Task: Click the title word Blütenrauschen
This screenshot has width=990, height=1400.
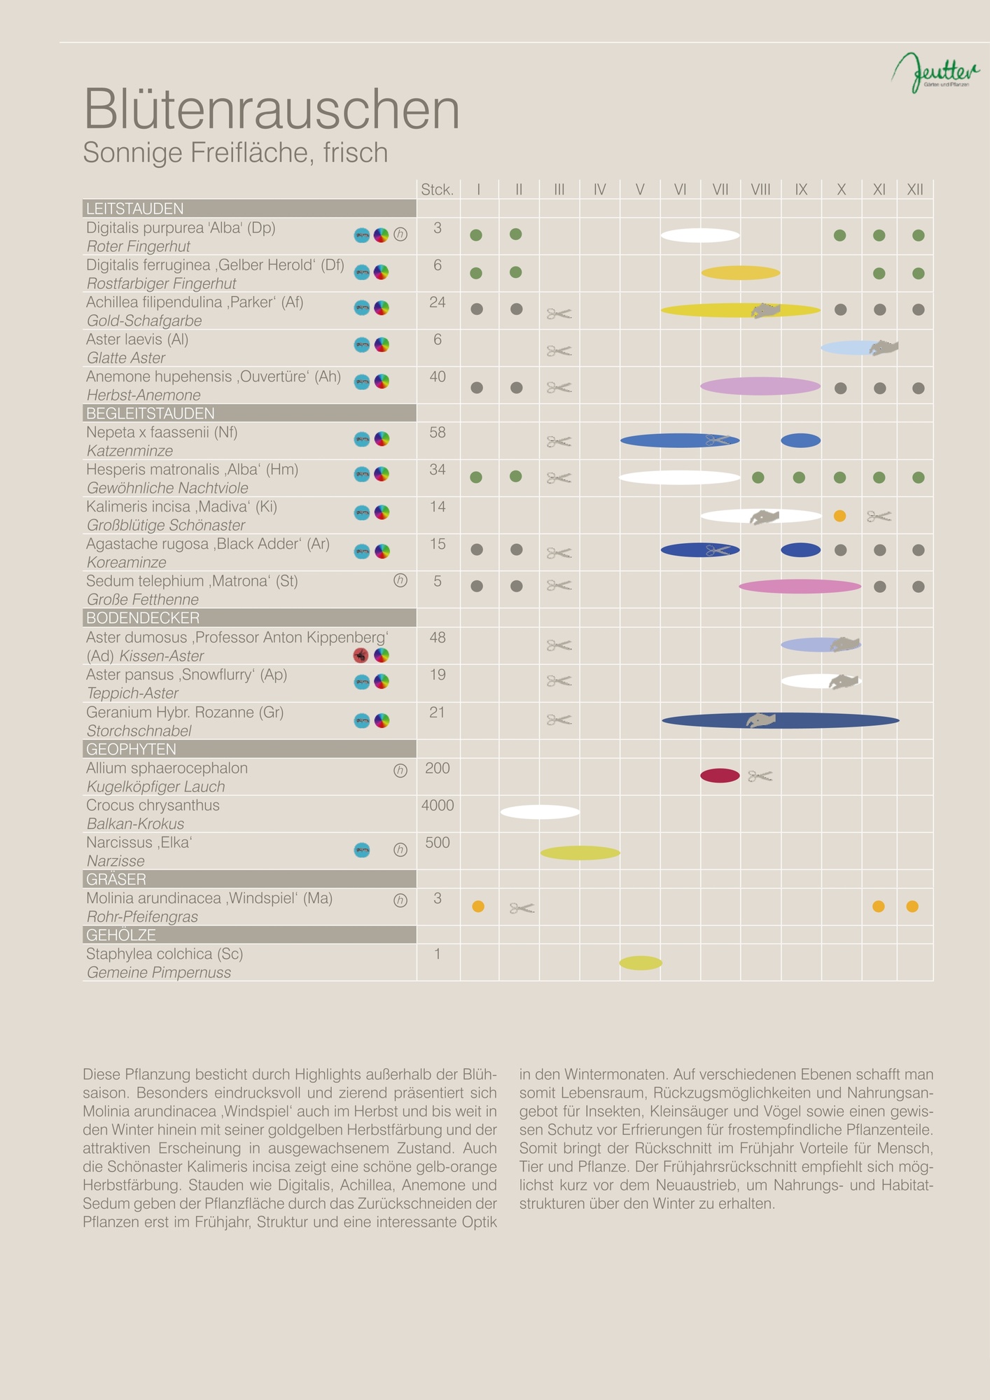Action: pos(272,109)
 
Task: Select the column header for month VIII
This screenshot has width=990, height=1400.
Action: pos(760,190)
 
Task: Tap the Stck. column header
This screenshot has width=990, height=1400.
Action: pos(437,190)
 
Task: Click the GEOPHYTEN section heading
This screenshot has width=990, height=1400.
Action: pos(131,749)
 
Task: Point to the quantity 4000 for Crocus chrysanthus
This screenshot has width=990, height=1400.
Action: pos(438,806)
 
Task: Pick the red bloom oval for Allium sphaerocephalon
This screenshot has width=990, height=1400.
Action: pos(720,776)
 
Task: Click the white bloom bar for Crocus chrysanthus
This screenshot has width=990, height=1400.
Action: pos(540,812)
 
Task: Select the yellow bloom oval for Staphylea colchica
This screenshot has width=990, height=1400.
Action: pos(641,963)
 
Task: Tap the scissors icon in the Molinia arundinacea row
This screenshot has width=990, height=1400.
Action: pos(522,908)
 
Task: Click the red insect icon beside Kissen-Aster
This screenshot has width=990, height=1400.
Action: pos(361,656)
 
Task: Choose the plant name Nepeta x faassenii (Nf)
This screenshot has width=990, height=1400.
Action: pos(162,433)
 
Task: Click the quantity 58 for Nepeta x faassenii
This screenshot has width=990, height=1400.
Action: pos(438,433)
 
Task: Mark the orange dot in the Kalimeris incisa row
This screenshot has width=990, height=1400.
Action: pos(839,516)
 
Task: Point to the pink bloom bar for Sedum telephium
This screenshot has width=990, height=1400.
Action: pos(800,587)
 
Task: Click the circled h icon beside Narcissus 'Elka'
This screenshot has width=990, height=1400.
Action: pos(400,850)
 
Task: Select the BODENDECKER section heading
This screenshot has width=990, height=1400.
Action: pos(143,618)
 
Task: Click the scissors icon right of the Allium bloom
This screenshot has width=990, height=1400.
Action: pos(760,776)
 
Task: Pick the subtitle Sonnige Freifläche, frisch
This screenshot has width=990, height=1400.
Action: pos(235,153)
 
